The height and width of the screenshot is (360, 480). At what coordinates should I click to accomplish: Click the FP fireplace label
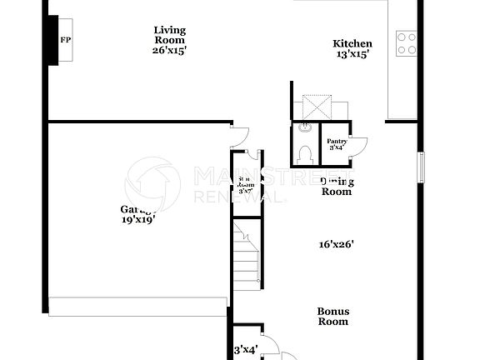[64, 40]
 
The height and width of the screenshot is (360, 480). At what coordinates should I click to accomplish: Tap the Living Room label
[169, 35]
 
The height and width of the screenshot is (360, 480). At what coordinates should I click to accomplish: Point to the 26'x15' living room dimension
[169, 50]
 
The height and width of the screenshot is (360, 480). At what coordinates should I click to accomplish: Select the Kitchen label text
[352, 44]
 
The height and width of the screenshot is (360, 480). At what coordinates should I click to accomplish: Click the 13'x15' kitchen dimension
[352, 56]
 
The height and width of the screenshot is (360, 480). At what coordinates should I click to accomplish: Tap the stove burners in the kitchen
[407, 43]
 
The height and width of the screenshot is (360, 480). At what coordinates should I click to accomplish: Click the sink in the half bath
[305, 128]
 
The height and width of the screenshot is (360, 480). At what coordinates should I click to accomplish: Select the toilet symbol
[306, 153]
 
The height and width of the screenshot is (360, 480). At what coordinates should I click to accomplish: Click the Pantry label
[337, 142]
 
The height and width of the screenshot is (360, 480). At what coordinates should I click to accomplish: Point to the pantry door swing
[359, 146]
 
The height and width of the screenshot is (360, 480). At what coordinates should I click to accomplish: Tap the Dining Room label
[337, 187]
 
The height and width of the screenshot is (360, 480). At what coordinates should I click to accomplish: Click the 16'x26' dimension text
[337, 245]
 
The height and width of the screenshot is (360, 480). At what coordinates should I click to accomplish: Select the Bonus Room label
[332, 317]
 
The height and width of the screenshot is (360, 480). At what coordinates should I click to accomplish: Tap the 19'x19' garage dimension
[138, 220]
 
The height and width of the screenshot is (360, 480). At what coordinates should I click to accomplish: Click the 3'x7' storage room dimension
[246, 191]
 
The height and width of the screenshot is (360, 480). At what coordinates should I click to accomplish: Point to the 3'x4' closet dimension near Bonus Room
[245, 350]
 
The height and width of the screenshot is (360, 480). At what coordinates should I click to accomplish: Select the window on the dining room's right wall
[420, 167]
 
